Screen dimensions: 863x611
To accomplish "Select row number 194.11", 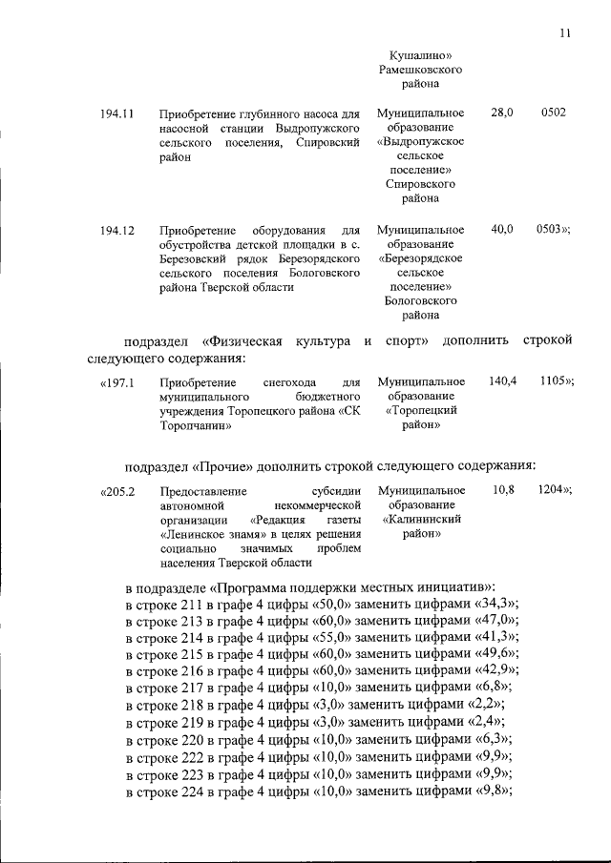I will tap(116, 113).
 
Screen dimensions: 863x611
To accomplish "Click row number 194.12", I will tap(116, 230).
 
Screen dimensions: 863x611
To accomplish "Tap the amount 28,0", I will tap(502, 113).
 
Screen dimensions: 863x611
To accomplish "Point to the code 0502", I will tap(553, 113).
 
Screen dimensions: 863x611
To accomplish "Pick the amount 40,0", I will tap(502, 230).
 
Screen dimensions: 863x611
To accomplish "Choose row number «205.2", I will tap(119, 491).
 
